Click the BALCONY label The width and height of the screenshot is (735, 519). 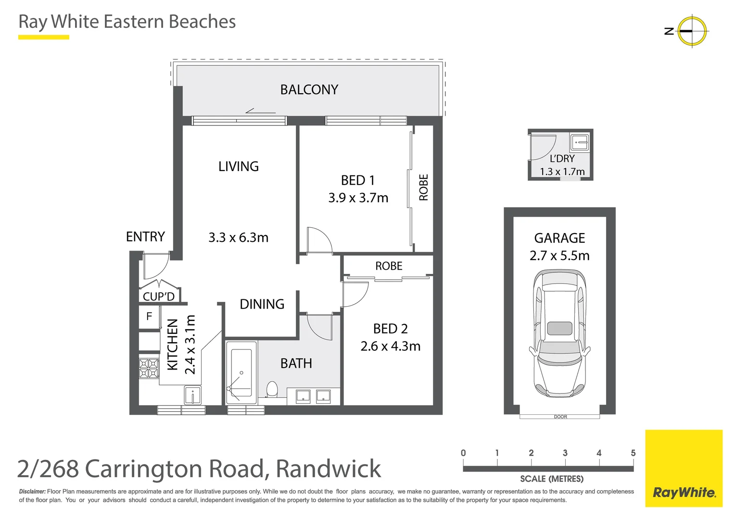pyautogui.click(x=309, y=90)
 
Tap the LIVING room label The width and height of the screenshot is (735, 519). pyautogui.click(x=238, y=166)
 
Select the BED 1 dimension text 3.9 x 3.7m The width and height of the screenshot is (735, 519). pyautogui.click(x=358, y=198)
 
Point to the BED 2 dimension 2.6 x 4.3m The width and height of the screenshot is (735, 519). pyautogui.click(x=390, y=346)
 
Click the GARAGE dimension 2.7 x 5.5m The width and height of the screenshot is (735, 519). pyautogui.click(x=559, y=256)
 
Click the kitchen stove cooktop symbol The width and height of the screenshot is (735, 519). pyautogui.click(x=149, y=368)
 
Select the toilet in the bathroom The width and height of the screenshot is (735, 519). pyautogui.click(x=272, y=389)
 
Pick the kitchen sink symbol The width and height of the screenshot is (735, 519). pyautogui.click(x=193, y=395)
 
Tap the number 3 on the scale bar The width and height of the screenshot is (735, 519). pyautogui.click(x=565, y=453)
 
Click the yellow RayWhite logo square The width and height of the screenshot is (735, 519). pyautogui.click(x=684, y=468)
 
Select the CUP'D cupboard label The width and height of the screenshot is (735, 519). pyautogui.click(x=158, y=297)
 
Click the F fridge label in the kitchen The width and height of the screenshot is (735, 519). pyautogui.click(x=149, y=316)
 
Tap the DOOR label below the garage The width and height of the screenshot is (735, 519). pyautogui.click(x=560, y=417)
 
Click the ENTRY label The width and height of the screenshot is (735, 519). pyautogui.click(x=145, y=236)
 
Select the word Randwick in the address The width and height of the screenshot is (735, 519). pyautogui.click(x=329, y=469)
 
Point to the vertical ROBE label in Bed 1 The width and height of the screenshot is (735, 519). pyautogui.click(x=423, y=187)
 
